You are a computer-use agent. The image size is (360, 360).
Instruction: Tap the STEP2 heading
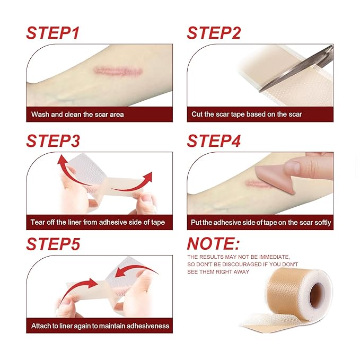(214, 32)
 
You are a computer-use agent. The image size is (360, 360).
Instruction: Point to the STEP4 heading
(214, 142)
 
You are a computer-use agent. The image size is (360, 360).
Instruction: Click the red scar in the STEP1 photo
(112, 70)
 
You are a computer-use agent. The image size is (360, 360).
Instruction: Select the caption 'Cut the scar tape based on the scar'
(247, 114)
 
